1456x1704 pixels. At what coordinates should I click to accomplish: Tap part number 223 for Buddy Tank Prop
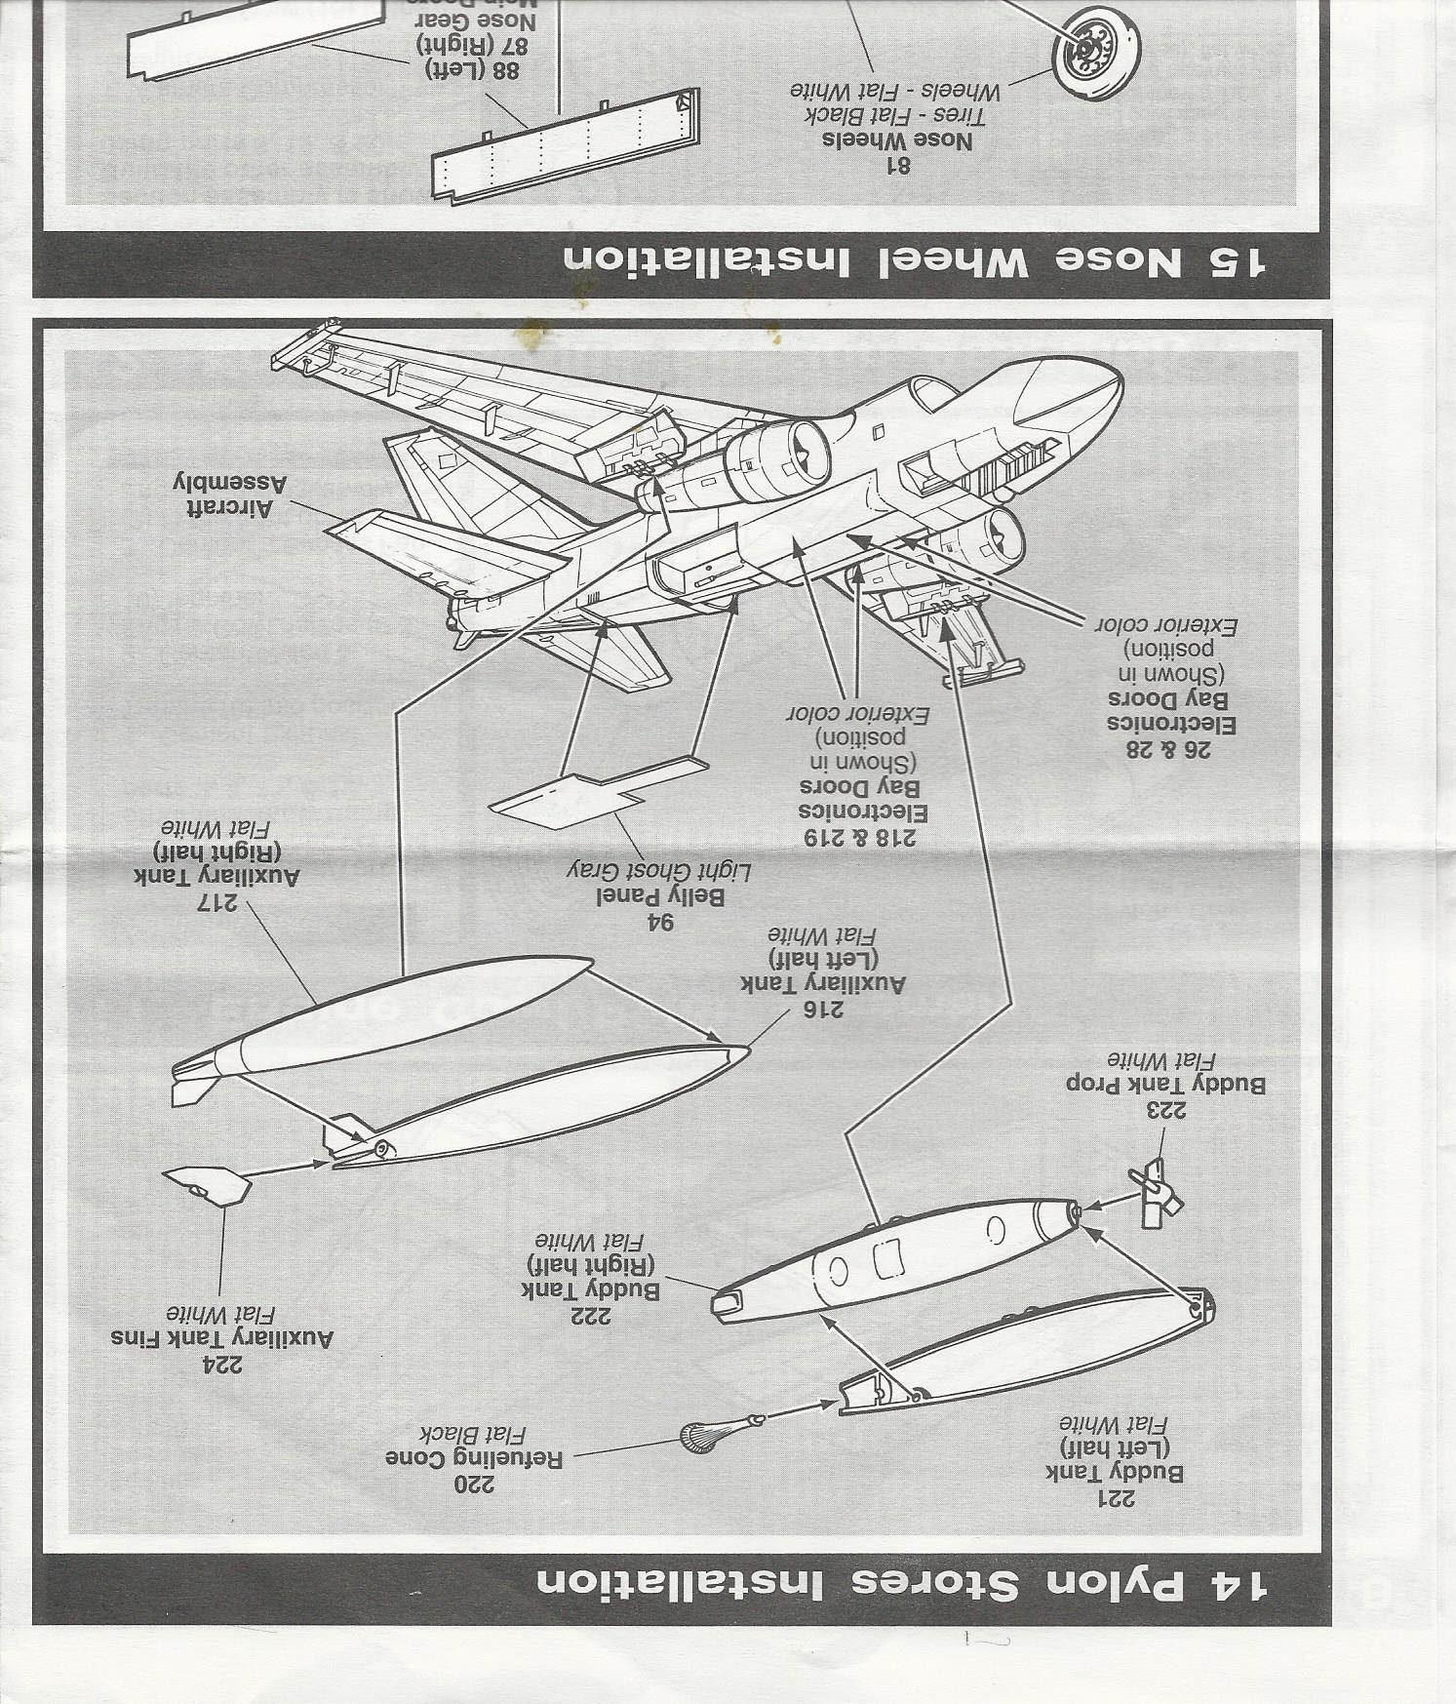[1165, 1110]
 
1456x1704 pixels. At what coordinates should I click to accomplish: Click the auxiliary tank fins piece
[209, 1185]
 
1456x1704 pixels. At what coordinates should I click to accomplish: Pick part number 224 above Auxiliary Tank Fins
[222, 1365]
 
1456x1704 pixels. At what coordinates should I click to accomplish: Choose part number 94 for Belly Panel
[659, 920]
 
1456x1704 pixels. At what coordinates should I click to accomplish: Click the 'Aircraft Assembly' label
[230, 495]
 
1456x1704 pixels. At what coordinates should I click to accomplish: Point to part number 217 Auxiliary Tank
[217, 902]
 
